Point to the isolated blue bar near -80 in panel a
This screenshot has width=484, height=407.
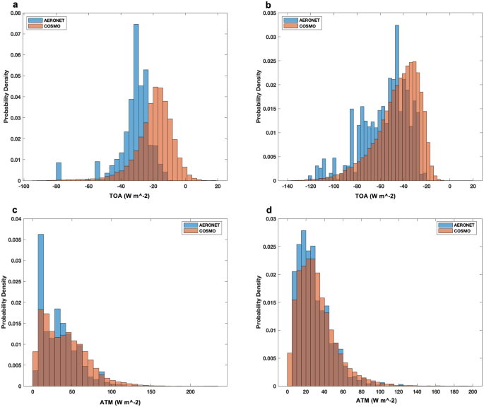pyautogui.click(x=59, y=172)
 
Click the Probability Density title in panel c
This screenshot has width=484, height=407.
pyautogui.click(x=6, y=300)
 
